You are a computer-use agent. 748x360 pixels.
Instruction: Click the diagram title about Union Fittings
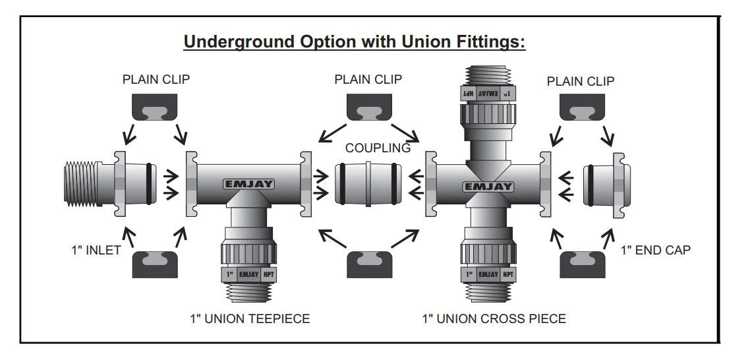(354, 42)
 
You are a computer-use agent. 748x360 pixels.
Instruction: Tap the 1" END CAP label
(656, 251)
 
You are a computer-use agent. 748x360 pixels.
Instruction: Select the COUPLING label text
(378, 148)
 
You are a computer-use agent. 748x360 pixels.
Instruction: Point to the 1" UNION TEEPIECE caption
(248, 319)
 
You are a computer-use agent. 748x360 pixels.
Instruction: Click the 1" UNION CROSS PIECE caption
(494, 319)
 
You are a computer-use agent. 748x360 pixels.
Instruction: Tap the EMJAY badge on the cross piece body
(488, 187)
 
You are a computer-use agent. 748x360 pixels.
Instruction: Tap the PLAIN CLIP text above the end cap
(581, 81)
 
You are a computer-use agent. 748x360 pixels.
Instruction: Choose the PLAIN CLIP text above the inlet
(156, 79)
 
